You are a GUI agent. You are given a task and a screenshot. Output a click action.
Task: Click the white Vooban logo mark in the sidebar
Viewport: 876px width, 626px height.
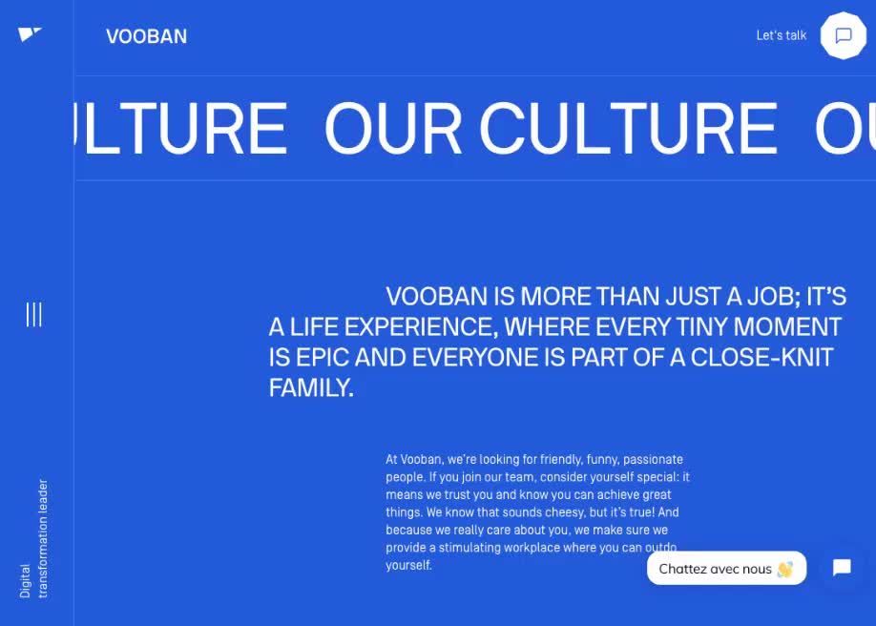pyautogui.click(x=30, y=34)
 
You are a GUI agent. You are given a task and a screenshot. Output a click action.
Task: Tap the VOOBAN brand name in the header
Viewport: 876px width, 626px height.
pyautogui.click(x=146, y=36)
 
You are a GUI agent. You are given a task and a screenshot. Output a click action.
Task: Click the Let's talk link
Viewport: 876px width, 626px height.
pyautogui.click(x=781, y=35)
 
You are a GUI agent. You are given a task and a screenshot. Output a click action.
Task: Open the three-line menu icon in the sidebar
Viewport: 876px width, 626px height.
pyautogui.click(x=34, y=315)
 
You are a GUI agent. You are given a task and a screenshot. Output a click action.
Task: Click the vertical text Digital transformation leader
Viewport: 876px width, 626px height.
pyautogui.click(x=34, y=538)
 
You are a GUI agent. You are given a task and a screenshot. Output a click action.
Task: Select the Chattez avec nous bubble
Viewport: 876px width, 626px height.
pyautogui.click(x=726, y=569)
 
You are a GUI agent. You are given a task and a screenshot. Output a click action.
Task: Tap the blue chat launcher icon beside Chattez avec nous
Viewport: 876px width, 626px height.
pyautogui.click(x=842, y=568)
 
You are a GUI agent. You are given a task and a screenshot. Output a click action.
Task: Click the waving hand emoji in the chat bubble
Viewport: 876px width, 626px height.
pyautogui.click(x=785, y=569)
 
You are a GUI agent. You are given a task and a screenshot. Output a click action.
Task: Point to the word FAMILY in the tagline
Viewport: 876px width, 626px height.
pyautogui.click(x=311, y=387)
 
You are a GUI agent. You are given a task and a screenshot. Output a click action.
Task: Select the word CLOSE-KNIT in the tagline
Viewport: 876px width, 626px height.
pyautogui.click(x=761, y=358)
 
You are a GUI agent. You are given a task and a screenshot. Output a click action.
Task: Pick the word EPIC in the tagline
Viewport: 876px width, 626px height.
pyautogui.click(x=323, y=358)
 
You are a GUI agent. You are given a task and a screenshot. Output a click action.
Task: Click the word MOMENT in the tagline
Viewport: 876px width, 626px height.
pyautogui.click(x=787, y=327)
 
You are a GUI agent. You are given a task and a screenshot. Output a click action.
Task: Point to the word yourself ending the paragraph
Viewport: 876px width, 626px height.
pyautogui.click(x=409, y=565)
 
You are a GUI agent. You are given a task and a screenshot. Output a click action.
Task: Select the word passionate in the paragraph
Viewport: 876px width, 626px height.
pyautogui.click(x=653, y=459)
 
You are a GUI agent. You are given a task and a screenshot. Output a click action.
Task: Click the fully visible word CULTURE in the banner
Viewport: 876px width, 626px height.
pyautogui.click(x=629, y=129)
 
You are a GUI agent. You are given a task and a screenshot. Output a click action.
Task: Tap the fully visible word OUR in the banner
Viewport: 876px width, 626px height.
pyautogui.click(x=393, y=129)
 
